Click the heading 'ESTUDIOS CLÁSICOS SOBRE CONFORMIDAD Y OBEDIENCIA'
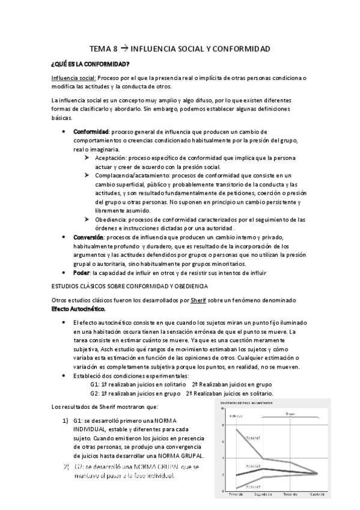pyautogui.click(x=129, y=286)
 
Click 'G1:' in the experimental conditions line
pyautogui.click(x=95, y=384)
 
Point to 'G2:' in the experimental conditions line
pyautogui.click(x=95, y=393)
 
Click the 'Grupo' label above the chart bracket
pyautogui.click(x=291, y=414)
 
